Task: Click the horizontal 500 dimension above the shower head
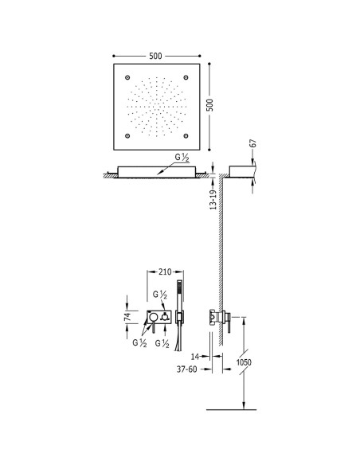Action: pos(155,56)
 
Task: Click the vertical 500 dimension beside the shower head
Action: pos(209,105)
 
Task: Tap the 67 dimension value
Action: pos(253,143)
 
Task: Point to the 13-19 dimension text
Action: pos(213,200)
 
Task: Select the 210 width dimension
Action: pos(165,272)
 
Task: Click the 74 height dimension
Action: pos(127,316)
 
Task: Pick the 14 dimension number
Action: pos(195,357)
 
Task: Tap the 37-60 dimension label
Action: pos(187,369)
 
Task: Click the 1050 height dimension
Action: pos(244,362)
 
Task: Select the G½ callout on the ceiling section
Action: pos(182,158)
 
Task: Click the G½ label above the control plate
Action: pos(160,295)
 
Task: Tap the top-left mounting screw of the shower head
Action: pos(127,78)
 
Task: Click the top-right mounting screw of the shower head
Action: pos(186,78)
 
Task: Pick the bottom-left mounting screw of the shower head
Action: pos(127,136)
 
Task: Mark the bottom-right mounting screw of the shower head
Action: pos(186,136)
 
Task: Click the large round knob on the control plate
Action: pos(153,317)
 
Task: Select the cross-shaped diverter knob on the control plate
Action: pos(164,318)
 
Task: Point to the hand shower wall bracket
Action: pos(179,318)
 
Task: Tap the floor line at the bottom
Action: pos(231,410)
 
